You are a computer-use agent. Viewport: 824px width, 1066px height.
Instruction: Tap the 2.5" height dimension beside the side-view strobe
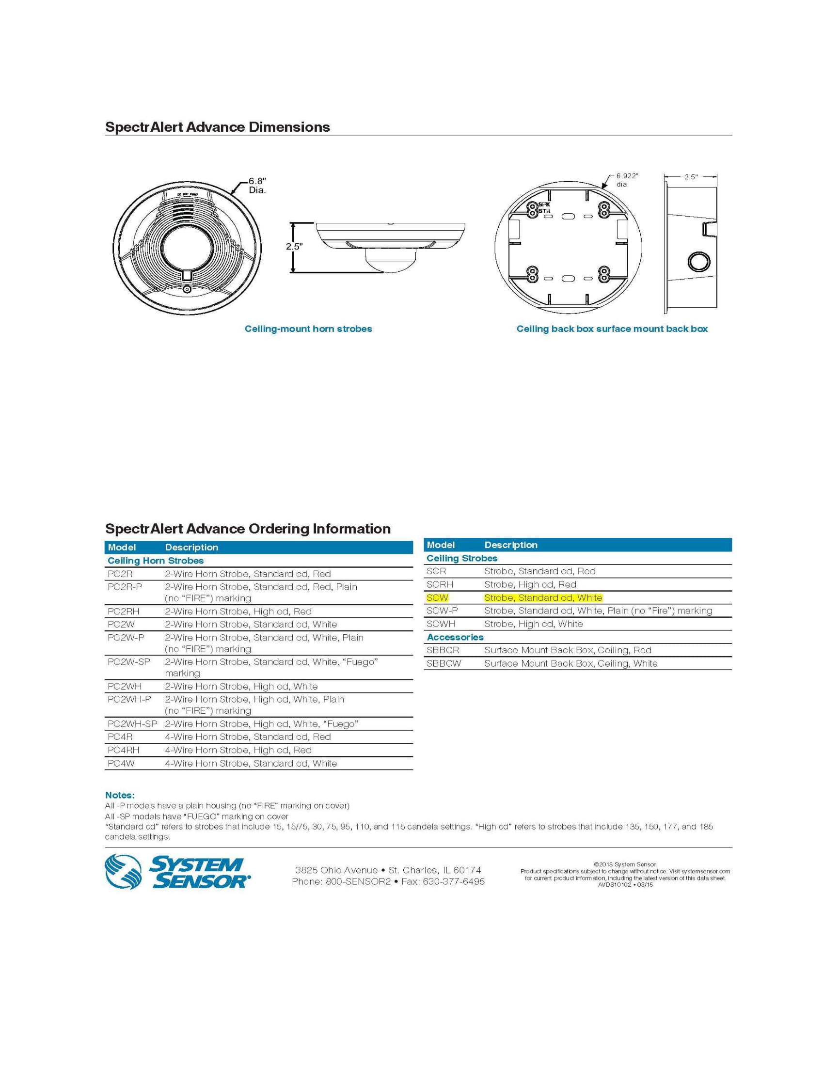(294, 247)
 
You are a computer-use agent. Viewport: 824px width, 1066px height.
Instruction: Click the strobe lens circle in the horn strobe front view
(187, 248)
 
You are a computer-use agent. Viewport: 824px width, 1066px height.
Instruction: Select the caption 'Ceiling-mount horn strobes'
(308, 329)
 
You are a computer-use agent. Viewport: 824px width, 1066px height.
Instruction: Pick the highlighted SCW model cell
(437, 597)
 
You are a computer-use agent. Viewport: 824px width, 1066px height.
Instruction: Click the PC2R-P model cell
(125, 587)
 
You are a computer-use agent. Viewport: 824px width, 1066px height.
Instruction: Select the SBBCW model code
(443, 663)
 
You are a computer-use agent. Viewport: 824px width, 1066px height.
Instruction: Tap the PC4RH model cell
(123, 750)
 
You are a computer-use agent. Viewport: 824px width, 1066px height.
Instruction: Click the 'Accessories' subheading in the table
(455, 637)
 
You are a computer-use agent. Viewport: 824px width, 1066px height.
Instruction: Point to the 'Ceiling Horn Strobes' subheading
(155, 561)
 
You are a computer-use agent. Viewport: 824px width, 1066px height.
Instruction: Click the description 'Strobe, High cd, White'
(533, 624)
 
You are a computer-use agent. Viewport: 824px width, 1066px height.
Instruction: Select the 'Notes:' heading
(120, 795)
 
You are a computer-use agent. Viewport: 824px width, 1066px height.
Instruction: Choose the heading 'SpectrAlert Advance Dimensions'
(217, 127)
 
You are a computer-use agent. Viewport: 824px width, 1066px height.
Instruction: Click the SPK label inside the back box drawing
(544, 204)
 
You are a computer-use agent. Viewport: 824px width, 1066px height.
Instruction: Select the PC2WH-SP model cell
(132, 724)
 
